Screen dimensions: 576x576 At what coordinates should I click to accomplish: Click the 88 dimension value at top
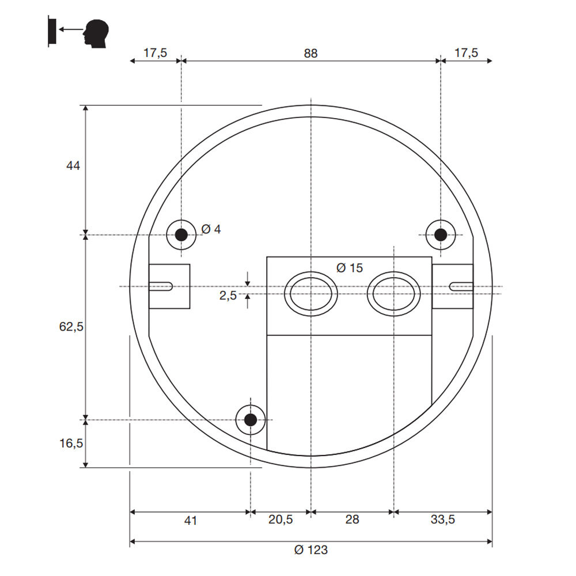(310, 53)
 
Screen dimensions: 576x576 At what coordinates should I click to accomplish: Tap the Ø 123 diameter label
(310, 550)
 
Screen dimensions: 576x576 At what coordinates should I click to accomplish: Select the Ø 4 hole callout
(211, 229)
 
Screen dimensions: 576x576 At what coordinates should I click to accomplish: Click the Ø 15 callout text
(350, 267)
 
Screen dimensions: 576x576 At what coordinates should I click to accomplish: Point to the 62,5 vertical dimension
(71, 327)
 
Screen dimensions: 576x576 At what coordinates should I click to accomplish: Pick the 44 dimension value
(73, 166)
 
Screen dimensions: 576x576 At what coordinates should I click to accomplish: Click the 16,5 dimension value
(71, 444)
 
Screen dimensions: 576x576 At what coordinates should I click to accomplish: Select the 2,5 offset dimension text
(228, 295)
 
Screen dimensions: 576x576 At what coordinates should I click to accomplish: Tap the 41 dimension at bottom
(191, 520)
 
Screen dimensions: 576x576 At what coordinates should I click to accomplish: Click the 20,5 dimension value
(281, 520)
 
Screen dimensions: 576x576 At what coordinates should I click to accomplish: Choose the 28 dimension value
(352, 520)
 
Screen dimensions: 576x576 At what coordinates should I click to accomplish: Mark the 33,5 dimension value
(442, 520)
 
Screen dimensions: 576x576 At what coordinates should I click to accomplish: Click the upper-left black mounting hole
(181, 234)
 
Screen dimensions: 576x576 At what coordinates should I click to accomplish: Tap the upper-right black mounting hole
(441, 234)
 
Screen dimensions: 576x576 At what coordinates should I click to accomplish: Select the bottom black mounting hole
(251, 419)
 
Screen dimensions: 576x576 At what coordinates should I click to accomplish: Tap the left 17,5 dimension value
(155, 53)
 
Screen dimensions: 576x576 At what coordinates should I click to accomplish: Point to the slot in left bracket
(162, 286)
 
